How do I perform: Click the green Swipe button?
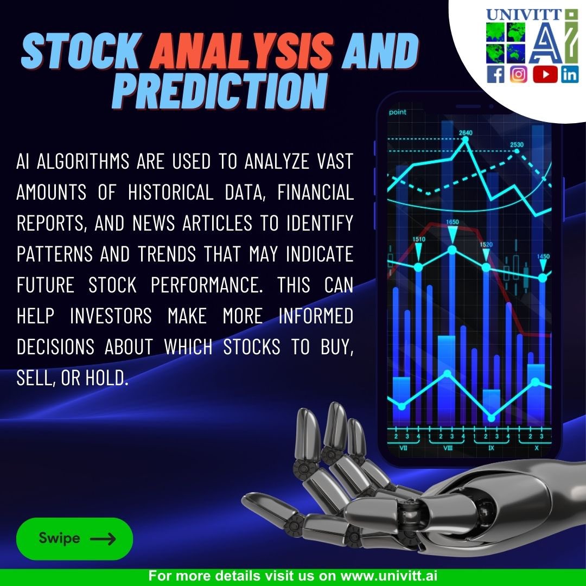point(74,538)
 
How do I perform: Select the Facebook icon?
point(495,74)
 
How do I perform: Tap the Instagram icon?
point(519,74)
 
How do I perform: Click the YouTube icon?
point(545,74)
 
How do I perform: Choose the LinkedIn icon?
point(570,74)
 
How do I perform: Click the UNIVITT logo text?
point(525,15)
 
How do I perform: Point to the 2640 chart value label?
point(466,132)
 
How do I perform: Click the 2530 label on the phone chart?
point(517,145)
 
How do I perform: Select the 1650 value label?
point(452,222)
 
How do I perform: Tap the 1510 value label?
point(419,239)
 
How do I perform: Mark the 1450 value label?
point(543,256)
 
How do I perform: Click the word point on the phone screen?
point(397,113)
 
